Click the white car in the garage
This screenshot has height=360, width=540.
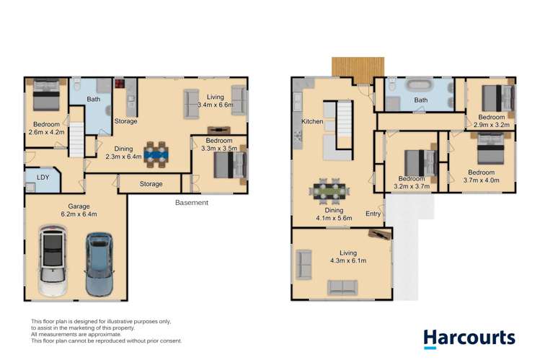pyautogui.click(x=53, y=263)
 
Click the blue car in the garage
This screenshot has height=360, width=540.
pyautogui.click(x=99, y=263)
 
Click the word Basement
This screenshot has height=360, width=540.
pyautogui.click(x=191, y=203)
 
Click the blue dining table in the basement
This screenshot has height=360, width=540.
pyautogui.click(x=155, y=153)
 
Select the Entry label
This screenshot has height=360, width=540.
pyautogui.click(x=373, y=214)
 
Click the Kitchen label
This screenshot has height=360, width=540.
pyautogui.click(x=312, y=121)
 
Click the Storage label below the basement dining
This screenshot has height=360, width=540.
pyautogui.click(x=151, y=184)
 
